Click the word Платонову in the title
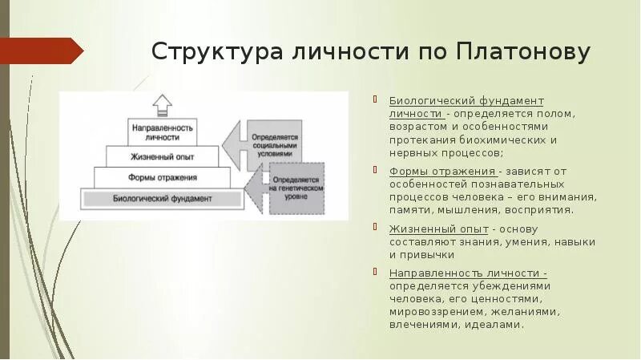point(524,52)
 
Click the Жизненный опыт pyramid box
point(162,156)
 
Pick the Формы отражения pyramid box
point(162,177)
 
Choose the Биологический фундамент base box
point(162,196)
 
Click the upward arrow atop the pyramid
point(163,104)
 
